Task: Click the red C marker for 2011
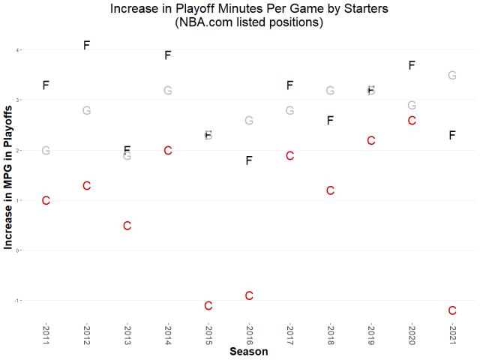pos(46,200)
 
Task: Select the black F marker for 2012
pos(86,45)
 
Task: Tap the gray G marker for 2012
pos(86,110)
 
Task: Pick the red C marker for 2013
pos(127,226)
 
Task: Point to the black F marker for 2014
pos(168,55)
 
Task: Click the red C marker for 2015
pos(208,305)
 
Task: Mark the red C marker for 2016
pos(249,295)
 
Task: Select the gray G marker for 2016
pos(249,120)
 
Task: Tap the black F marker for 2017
pos(289,85)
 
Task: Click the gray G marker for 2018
pos(330,91)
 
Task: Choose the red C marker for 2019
pos(370,140)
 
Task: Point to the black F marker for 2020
pos(412,65)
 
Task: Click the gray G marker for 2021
pos(452,75)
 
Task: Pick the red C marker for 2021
pos(452,310)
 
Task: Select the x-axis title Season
pos(249,351)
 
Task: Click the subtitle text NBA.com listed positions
pos(249,22)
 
